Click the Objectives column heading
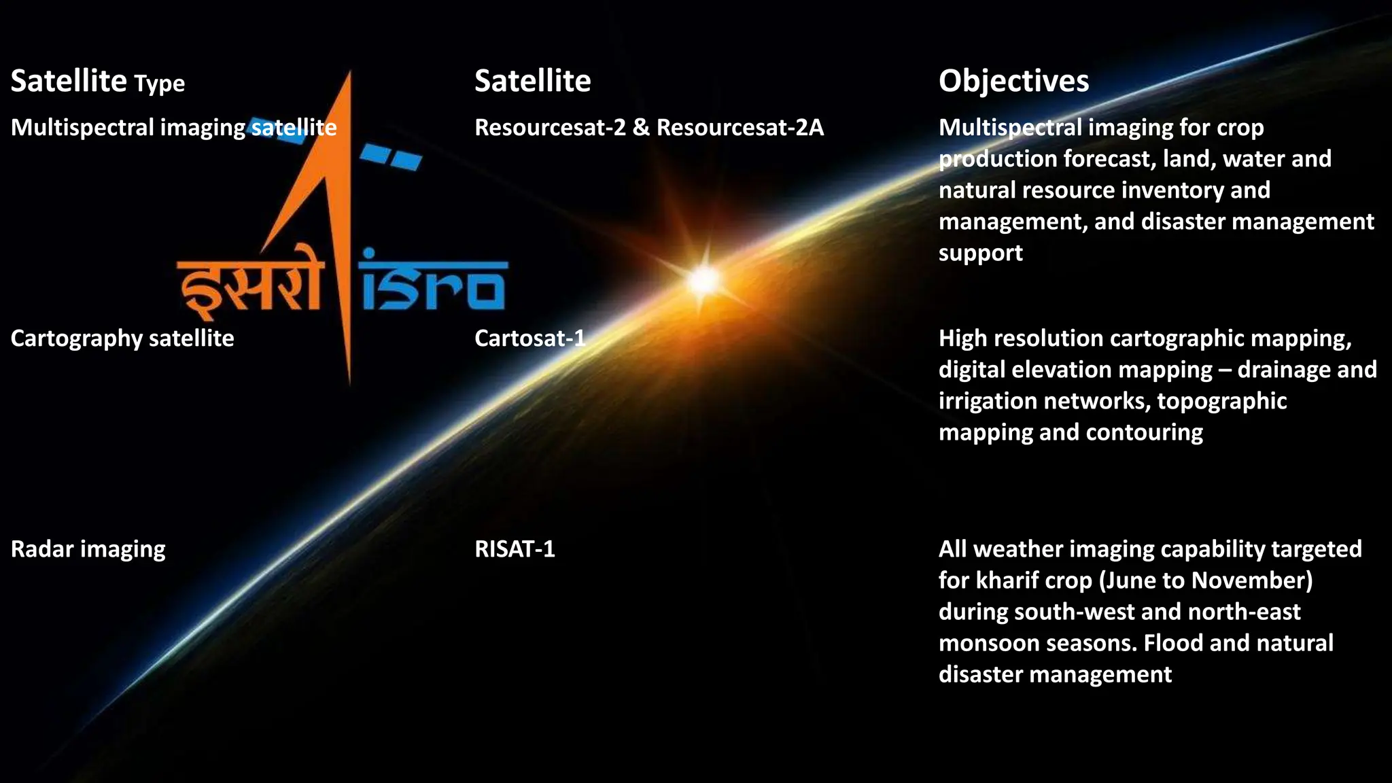tap(1013, 81)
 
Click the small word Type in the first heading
tap(159, 84)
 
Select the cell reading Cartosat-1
tap(529, 338)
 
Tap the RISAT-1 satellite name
tap(515, 549)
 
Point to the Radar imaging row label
tap(88, 549)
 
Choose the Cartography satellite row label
tap(122, 338)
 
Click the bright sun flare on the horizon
tap(704, 279)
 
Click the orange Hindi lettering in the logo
tap(249, 289)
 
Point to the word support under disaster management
tap(980, 254)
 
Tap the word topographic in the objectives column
tap(1221, 401)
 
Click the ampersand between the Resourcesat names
tap(640, 127)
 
